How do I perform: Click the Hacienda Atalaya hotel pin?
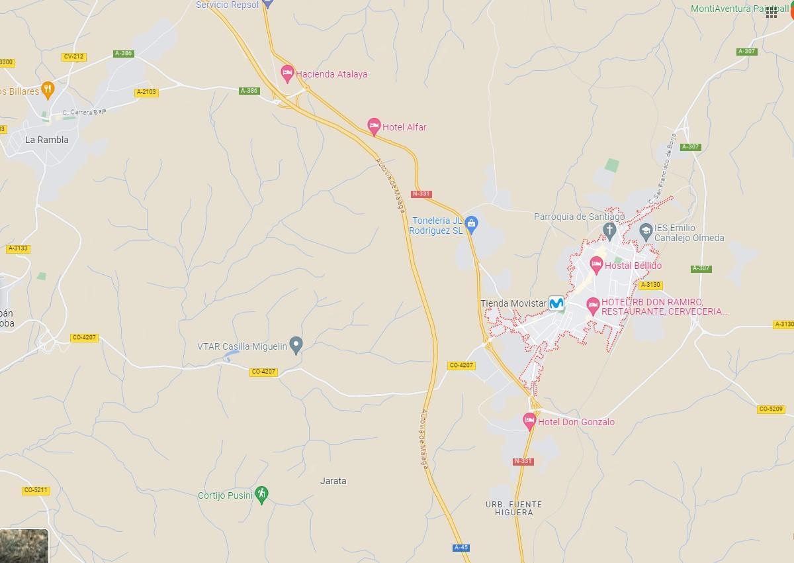click(x=287, y=73)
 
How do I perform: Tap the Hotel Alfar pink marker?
click(x=374, y=126)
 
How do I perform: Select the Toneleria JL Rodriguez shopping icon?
click(x=471, y=224)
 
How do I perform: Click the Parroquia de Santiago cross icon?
click(x=610, y=230)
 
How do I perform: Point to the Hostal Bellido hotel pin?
click(x=596, y=265)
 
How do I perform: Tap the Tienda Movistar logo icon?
click(x=556, y=303)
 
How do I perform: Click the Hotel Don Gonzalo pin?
click(x=529, y=421)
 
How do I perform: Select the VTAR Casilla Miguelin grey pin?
click(x=296, y=344)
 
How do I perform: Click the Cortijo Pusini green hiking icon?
click(x=262, y=494)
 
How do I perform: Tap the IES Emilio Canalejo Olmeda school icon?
click(x=646, y=231)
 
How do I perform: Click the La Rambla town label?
click(x=47, y=140)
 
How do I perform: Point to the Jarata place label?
click(x=333, y=481)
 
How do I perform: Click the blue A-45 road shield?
click(x=461, y=547)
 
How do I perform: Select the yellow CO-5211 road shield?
click(x=36, y=490)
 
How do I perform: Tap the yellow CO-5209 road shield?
click(x=772, y=409)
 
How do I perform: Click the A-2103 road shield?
click(x=146, y=92)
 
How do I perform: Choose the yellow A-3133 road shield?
click(x=19, y=248)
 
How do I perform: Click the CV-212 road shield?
click(x=74, y=57)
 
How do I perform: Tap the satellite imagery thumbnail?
click(x=24, y=546)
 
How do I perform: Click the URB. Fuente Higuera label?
click(x=513, y=508)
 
